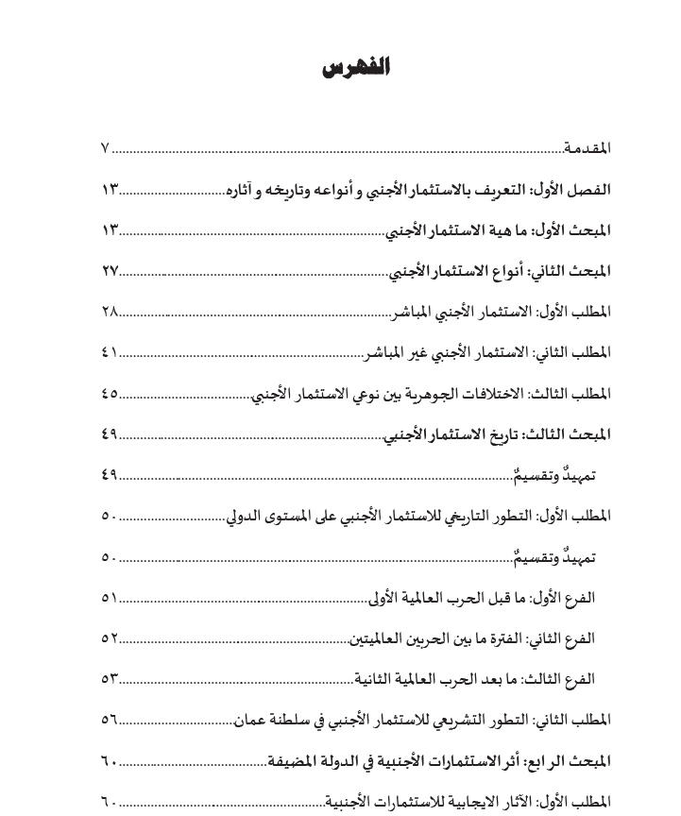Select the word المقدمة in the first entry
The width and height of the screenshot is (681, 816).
tap(587, 148)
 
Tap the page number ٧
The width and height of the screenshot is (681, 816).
tap(105, 148)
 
